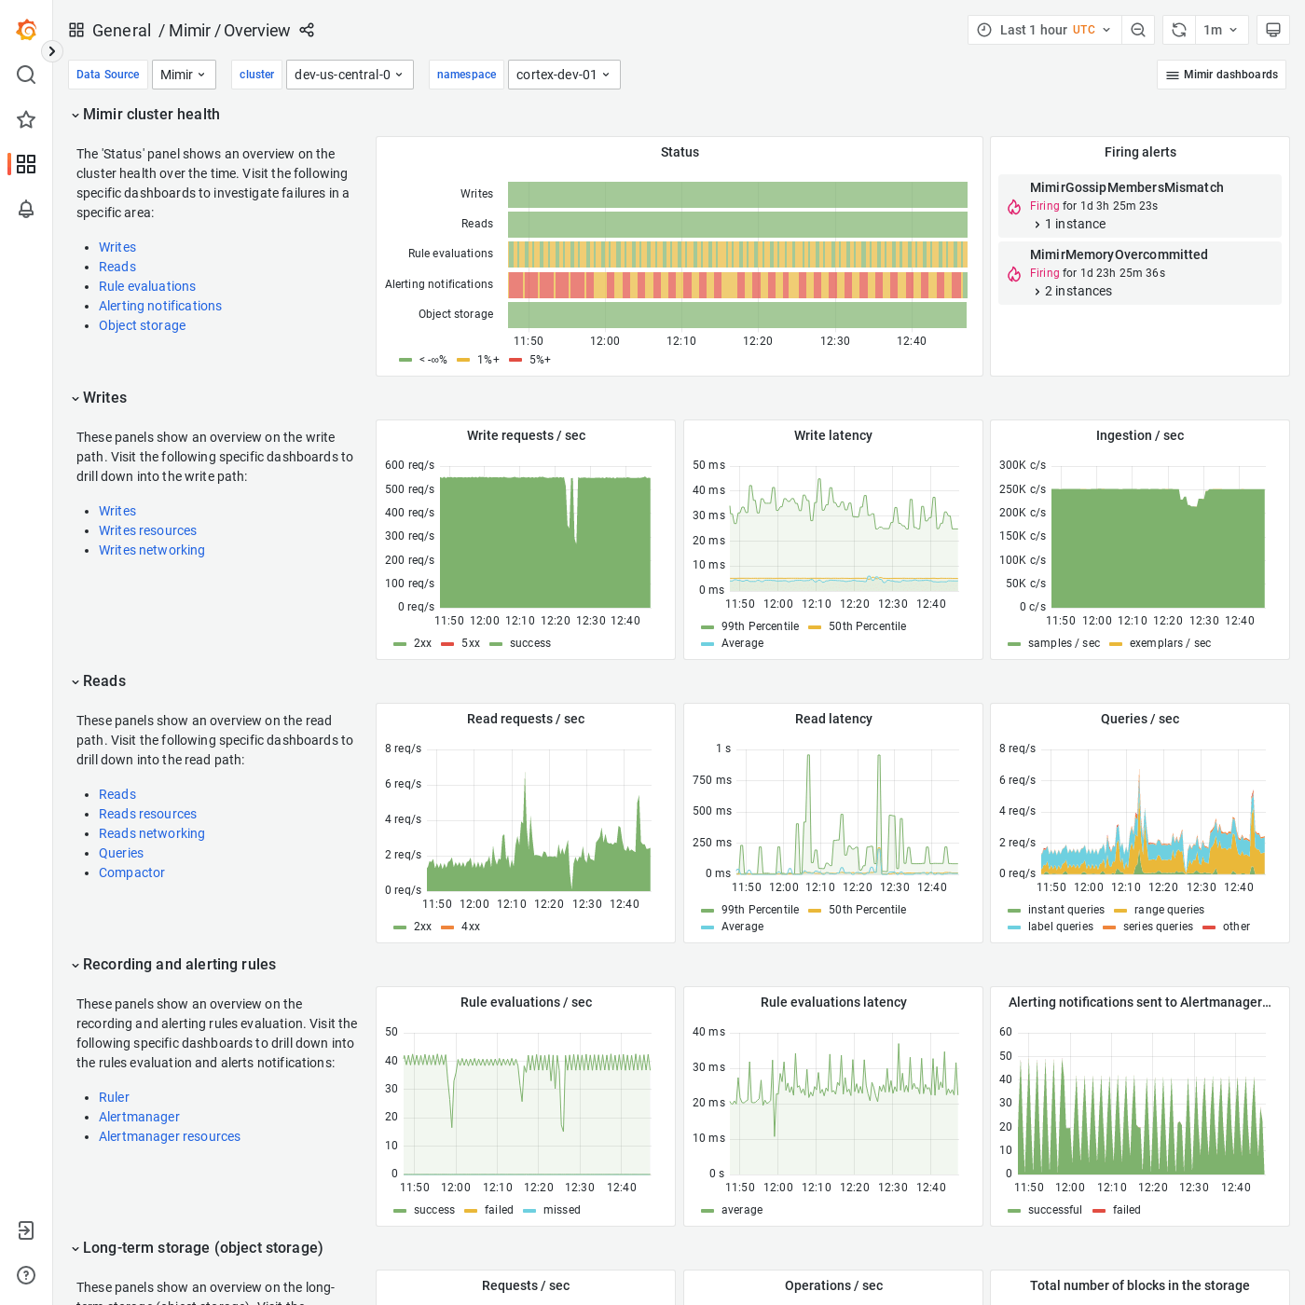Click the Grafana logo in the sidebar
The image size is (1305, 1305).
pos(26,30)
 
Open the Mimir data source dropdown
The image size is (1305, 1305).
pos(184,75)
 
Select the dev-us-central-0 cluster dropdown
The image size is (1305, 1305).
pos(349,75)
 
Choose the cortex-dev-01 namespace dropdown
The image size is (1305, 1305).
pos(563,75)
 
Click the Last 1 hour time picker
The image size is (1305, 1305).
pos(1043,30)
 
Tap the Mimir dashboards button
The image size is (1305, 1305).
pos(1221,75)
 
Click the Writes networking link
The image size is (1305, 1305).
pos(152,550)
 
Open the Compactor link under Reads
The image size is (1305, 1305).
pos(131,872)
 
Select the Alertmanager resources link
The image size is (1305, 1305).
pos(170,1136)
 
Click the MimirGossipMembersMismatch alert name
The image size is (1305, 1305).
pos(1126,187)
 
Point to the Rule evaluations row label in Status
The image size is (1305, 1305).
pos(450,254)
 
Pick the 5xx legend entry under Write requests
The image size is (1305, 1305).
pos(470,643)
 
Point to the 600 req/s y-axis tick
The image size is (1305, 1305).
pos(409,465)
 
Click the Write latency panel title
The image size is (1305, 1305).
pos(832,435)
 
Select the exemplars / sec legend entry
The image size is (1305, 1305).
pos(1169,643)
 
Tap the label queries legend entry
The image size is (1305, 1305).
pos(1060,927)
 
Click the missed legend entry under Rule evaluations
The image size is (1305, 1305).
pos(561,1210)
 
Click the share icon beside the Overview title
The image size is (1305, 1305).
pos(307,30)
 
